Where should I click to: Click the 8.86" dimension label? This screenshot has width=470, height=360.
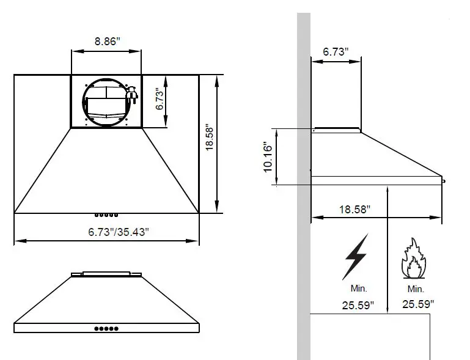tap(107, 42)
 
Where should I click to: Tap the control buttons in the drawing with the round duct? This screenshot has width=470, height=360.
tap(106, 215)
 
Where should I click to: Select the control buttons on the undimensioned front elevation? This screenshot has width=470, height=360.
tap(106, 329)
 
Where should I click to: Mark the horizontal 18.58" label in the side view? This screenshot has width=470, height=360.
tap(355, 209)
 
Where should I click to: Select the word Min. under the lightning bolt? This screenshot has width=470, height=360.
tap(358, 288)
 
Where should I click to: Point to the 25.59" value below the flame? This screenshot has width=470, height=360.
tap(418, 303)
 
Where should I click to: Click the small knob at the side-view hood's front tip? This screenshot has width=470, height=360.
tap(444, 180)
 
